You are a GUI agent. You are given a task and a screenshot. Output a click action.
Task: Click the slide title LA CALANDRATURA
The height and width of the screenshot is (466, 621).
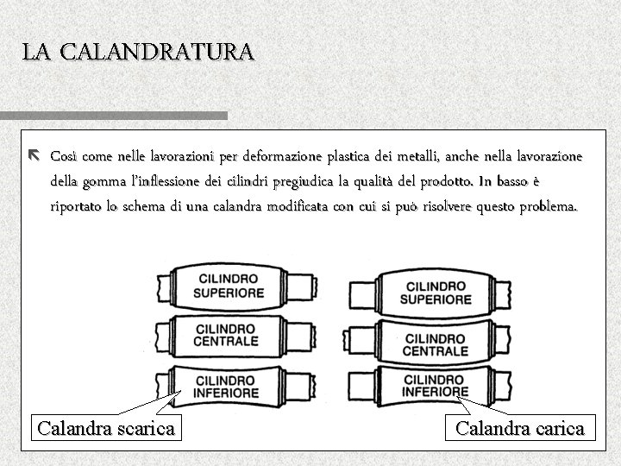pos(138,52)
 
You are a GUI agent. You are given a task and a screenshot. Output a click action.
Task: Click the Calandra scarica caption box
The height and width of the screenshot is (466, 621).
pos(106,427)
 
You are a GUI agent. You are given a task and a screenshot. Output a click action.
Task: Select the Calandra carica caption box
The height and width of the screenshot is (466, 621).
pos(520,427)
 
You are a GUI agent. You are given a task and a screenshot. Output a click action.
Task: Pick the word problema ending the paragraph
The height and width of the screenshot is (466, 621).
pos(549,208)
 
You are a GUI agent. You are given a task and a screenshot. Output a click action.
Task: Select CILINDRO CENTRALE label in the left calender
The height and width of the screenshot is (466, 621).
pos(226,335)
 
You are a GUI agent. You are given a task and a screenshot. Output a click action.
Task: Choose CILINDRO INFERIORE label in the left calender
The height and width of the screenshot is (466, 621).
pos(227,386)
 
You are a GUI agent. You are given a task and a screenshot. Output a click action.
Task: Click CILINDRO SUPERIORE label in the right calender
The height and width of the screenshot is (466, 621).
pos(436,293)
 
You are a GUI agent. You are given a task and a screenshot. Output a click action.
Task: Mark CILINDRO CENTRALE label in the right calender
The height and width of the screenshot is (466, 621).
pos(436,344)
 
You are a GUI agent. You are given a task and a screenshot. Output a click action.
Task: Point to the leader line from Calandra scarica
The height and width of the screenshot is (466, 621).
pos(147,405)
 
